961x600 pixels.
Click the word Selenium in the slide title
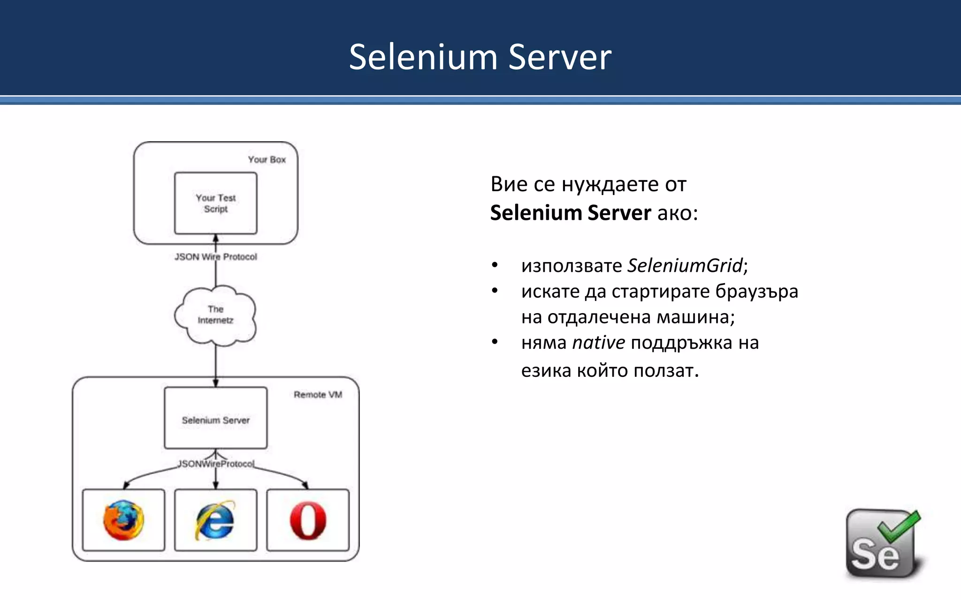(x=423, y=57)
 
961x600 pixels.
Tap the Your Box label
(x=267, y=160)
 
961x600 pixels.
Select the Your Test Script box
(x=216, y=203)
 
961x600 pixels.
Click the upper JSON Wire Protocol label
(x=216, y=257)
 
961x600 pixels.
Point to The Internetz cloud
(x=216, y=315)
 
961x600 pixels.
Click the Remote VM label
(x=318, y=395)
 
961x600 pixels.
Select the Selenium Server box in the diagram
(x=216, y=418)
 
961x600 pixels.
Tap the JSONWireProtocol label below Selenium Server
(x=216, y=464)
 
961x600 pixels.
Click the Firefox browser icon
(x=124, y=520)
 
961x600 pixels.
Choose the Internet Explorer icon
(x=215, y=520)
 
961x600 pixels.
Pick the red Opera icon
(x=308, y=520)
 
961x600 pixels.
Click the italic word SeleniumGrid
(x=685, y=266)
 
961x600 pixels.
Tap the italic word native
(x=598, y=343)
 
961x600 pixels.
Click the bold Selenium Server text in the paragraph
(x=570, y=213)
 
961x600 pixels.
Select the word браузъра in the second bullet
(x=756, y=292)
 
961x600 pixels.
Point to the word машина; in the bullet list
(x=695, y=317)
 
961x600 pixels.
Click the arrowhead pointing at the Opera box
(x=305, y=486)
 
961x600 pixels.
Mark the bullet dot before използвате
(x=495, y=265)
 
